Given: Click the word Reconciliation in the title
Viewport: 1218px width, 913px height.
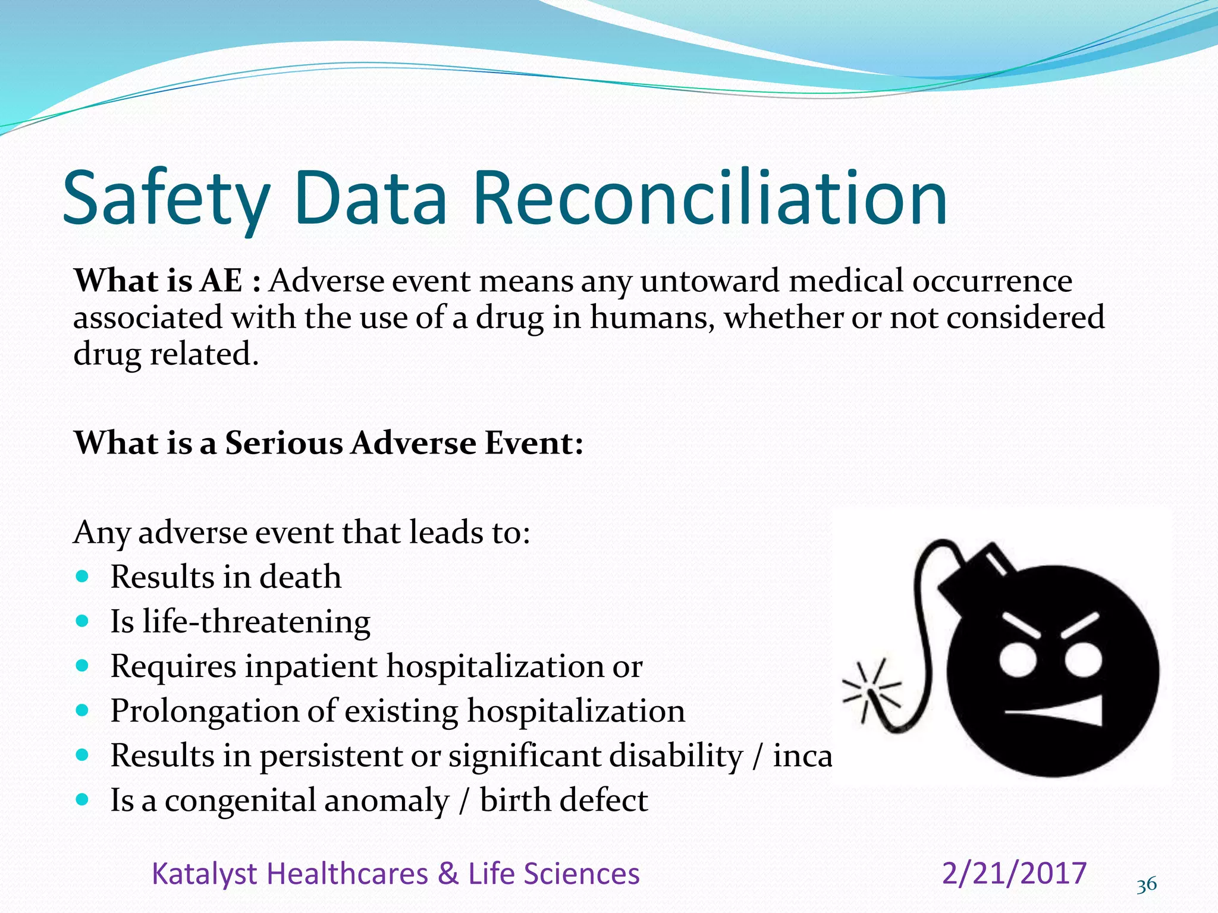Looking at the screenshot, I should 710,198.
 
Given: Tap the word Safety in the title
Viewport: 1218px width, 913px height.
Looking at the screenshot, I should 167,198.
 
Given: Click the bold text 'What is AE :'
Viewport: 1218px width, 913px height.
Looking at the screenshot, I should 167,281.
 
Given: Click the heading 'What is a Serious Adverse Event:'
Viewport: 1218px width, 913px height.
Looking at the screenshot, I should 328,443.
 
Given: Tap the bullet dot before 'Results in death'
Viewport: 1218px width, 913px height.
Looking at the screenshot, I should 83,576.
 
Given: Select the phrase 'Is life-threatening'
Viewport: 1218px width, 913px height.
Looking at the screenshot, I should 240,622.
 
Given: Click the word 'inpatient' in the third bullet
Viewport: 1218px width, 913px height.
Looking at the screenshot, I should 311,666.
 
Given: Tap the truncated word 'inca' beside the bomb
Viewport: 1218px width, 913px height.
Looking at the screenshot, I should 802,756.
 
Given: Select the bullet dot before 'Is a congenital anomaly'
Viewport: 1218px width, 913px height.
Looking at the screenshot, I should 83,799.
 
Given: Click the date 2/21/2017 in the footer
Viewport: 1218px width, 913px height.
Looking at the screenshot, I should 1014,873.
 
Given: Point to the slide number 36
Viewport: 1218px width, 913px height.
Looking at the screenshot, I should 1146,885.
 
